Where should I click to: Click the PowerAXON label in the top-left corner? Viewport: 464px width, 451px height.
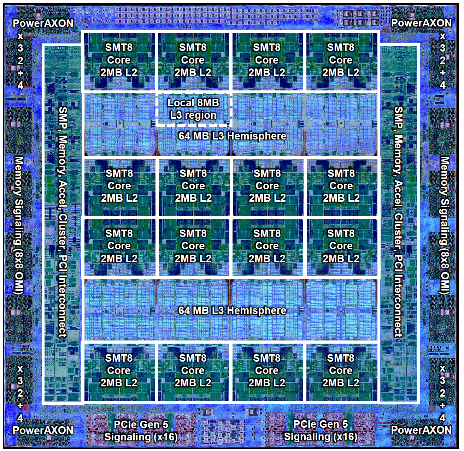tap(43, 23)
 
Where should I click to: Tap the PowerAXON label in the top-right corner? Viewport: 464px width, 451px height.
tap(421, 23)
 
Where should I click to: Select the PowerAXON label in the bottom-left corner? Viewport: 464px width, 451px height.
tap(43, 430)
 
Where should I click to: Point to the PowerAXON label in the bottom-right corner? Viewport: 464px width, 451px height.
tap(421, 430)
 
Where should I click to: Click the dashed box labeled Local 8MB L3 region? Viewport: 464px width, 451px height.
tap(193, 109)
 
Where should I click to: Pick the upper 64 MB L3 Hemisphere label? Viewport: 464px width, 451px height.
tap(232, 136)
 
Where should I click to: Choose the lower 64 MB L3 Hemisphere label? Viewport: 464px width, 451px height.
tap(232, 310)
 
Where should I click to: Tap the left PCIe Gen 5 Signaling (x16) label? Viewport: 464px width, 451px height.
tap(141, 431)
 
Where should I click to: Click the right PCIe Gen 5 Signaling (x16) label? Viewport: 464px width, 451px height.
tap(321, 431)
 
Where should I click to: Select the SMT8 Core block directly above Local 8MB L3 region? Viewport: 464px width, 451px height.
tap(193, 60)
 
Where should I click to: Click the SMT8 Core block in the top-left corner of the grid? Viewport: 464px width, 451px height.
tap(119, 60)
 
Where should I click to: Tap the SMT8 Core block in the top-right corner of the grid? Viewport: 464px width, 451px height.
tap(341, 60)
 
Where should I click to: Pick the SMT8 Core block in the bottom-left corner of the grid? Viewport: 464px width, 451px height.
tap(119, 371)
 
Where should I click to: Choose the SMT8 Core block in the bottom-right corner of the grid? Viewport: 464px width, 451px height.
tap(341, 371)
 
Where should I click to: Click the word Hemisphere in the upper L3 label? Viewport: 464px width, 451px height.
tap(257, 136)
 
